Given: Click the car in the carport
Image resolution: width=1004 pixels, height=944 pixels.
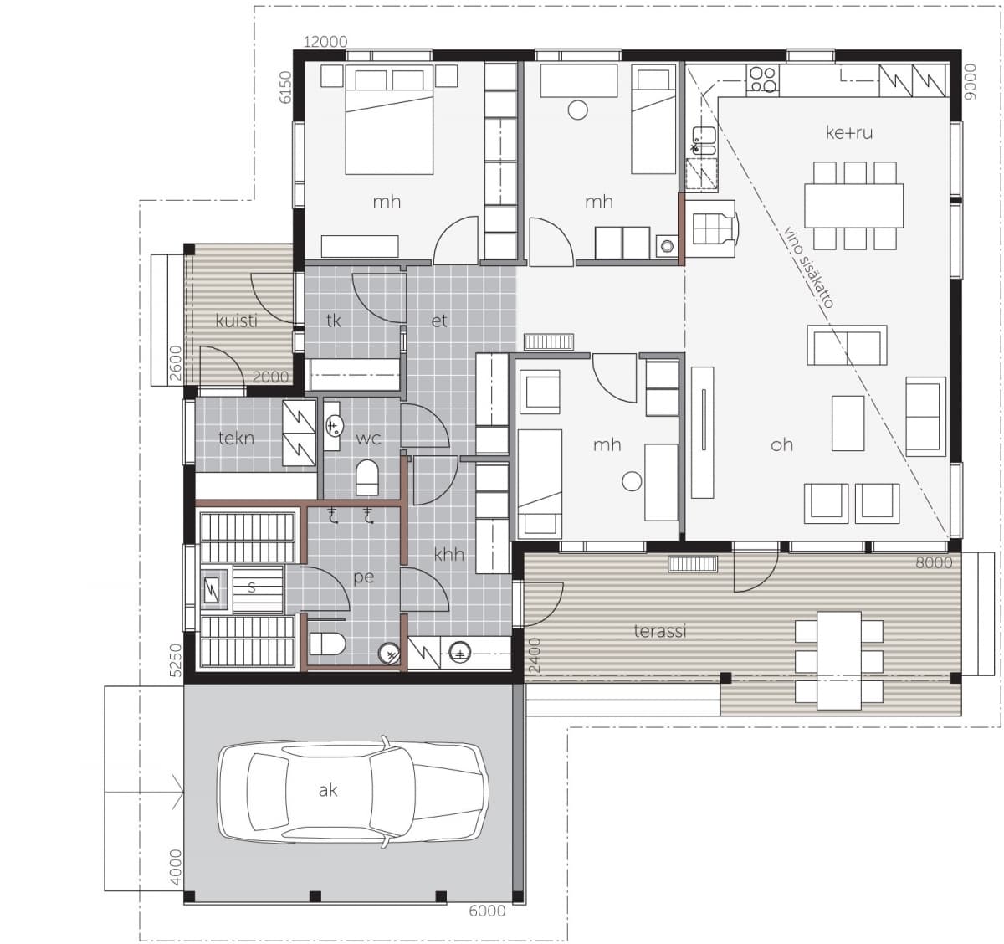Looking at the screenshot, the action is tap(353, 792).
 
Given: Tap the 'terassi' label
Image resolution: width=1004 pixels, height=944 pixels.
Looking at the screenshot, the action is tap(660, 631).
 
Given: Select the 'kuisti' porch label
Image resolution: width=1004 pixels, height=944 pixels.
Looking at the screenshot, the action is tap(236, 321).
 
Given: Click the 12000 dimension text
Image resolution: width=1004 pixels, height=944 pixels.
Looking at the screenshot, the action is tap(325, 42).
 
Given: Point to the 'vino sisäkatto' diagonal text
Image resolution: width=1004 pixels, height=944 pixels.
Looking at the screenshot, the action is tap(807, 267).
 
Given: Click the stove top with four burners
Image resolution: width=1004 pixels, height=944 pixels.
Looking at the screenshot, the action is tap(763, 80).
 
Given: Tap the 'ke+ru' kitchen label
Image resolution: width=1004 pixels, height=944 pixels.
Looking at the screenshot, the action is tap(849, 132).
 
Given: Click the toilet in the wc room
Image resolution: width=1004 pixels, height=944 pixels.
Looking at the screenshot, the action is tap(367, 477).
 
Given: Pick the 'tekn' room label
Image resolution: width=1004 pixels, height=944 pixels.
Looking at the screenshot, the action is tap(236, 438).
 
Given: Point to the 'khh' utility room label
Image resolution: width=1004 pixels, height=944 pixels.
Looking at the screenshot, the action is tap(449, 555).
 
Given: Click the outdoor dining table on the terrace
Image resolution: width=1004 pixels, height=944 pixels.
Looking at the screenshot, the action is tap(839, 660).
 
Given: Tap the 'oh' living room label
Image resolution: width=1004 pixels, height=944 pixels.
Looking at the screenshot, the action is tap(781, 444).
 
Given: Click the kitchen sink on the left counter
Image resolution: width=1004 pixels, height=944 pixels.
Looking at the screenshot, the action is tap(704, 140).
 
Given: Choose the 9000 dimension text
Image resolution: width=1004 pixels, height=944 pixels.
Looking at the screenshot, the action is tap(971, 82).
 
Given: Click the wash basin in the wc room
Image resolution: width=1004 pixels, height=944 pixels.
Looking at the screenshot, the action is tap(333, 426).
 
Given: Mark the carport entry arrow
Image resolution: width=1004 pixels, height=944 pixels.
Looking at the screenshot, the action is tap(144, 792).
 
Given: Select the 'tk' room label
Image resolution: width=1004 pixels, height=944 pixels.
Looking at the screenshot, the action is tap(333, 321).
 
